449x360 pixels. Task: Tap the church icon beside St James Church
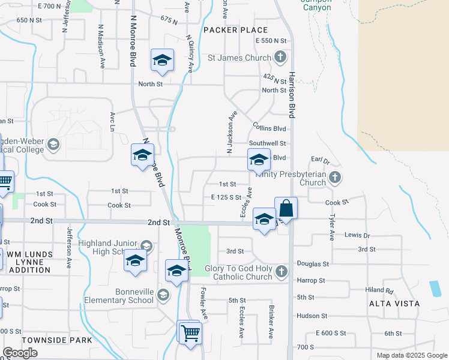click(279, 58)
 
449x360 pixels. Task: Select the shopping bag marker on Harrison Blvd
click(286, 209)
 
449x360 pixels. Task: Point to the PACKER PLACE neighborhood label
click(235, 29)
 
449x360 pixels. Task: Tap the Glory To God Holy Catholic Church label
click(239, 272)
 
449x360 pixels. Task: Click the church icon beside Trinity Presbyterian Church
click(335, 177)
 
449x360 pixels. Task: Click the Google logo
click(20, 353)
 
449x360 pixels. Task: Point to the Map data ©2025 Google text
click(412, 355)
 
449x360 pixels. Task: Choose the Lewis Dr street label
click(358, 236)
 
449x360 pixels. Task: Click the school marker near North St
click(161, 61)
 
